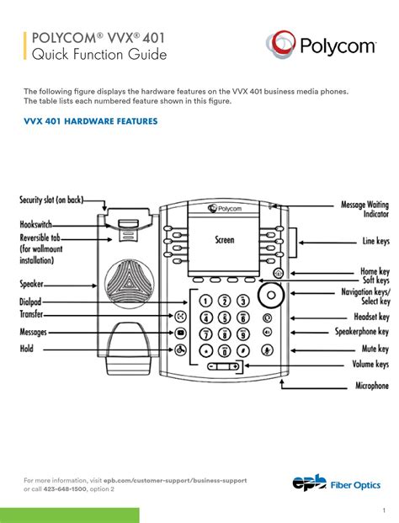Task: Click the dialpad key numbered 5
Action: pyautogui.click(x=225, y=318)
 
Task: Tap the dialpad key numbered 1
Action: pyautogui.click(x=205, y=301)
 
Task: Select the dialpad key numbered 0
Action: pyautogui.click(x=225, y=350)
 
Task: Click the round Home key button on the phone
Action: pyautogui.click(x=278, y=273)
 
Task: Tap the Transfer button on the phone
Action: pyautogui.click(x=180, y=316)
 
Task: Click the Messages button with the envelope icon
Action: pyautogui.click(x=180, y=333)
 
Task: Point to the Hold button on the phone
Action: pyautogui.click(x=180, y=350)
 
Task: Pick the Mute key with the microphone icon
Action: pyautogui.click(x=268, y=350)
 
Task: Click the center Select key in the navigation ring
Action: pyautogui.click(x=271, y=295)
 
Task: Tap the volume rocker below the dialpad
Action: pyautogui.click(x=223, y=366)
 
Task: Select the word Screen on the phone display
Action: pyautogui.click(x=225, y=239)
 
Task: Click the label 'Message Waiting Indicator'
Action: pyautogui.click(x=364, y=209)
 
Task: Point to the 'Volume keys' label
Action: pyautogui.click(x=370, y=364)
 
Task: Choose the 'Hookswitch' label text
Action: pyautogui.click(x=35, y=224)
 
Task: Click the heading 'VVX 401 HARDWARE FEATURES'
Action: pyautogui.click(x=91, y=121)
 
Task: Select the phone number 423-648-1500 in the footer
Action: pyautogui.click(x=66, y=489)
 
